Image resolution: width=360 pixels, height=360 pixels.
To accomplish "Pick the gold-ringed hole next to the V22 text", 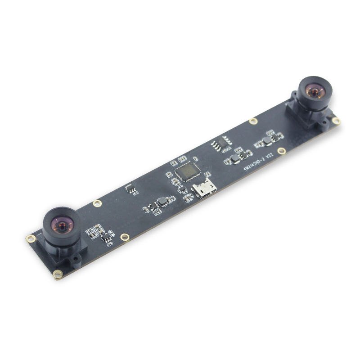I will tap(282, 151).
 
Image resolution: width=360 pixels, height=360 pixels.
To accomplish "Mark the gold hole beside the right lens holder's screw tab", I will tap(335, 120).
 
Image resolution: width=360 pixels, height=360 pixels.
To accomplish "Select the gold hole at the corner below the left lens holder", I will tap(57, 274).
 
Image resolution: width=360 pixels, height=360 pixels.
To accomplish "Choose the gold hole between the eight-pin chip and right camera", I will tap(253, 121).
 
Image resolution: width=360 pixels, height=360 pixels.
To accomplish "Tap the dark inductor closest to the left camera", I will tap(162, 202).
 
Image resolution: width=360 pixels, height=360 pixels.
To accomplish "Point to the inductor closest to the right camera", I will tap(269, 141).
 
